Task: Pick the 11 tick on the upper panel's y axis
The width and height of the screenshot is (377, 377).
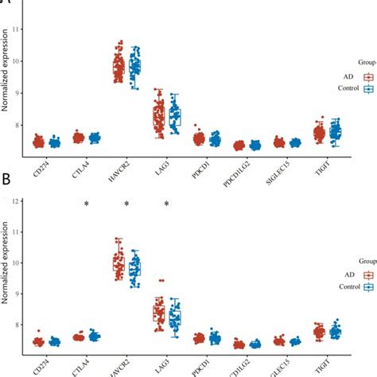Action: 19,29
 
